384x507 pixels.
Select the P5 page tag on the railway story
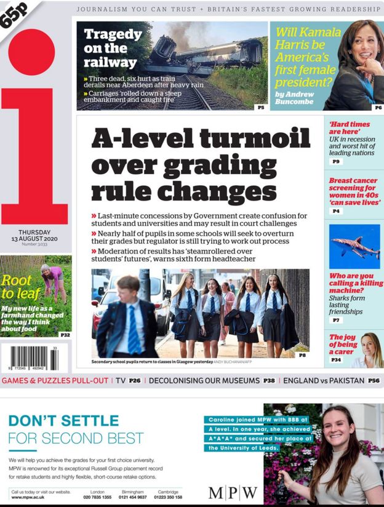(261, 107)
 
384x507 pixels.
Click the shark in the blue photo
(354, 247)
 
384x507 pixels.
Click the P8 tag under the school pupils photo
(302, 355)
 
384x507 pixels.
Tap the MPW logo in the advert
(233, 492)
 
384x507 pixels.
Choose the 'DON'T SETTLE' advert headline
(64, 421)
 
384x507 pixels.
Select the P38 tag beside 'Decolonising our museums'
(269, 381)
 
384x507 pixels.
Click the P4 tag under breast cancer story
(336, 211)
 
